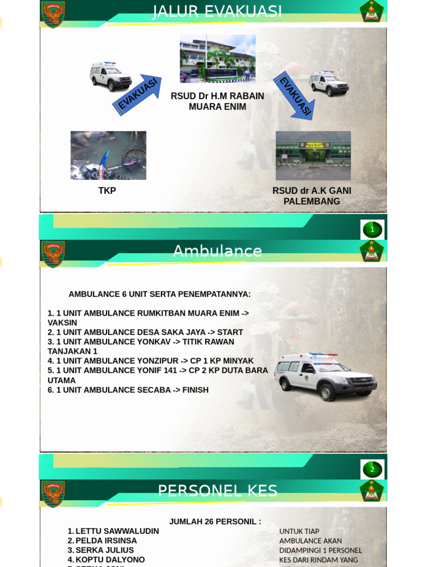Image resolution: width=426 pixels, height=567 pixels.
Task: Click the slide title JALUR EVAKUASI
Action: (x=217, y=11)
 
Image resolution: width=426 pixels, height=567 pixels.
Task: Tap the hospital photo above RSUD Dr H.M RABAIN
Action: (x=217, y=59)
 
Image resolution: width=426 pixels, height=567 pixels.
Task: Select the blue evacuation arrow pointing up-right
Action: (x=138, y=95)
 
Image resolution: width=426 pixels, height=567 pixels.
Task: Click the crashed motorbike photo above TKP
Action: (x=108, y=156)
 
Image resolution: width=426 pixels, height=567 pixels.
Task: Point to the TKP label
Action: (x=107, y=191)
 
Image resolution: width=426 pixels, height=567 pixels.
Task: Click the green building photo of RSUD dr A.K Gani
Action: (x=313, y=156)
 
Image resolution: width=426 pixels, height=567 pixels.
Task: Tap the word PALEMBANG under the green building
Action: (x=312, y=202)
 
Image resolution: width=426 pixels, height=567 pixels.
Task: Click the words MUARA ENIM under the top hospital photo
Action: (x=217, y=107)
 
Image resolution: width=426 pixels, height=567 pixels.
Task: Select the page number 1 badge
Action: (x=372, y=229)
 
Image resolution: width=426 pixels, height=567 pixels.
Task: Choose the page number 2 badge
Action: (x=372, y=470)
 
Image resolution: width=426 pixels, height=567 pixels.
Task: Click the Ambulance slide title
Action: (x=217, y=251)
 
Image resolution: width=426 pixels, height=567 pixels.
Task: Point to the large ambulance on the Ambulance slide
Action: (x=326, y=376)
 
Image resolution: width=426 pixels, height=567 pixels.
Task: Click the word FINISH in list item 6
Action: (x=195, y=390)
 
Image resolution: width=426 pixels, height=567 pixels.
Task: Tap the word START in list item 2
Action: (x=230, y=332)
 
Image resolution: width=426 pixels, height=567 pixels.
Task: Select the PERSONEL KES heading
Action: (x=217, y=491)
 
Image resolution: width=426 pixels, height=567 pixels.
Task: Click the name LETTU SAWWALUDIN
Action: (x=117, y=531)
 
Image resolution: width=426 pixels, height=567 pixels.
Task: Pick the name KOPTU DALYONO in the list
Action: (x=110, y=560)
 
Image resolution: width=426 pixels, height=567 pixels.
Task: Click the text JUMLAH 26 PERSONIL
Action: (x=215, y=522)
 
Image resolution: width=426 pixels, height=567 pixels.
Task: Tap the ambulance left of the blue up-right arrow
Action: (x=110, y=76)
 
